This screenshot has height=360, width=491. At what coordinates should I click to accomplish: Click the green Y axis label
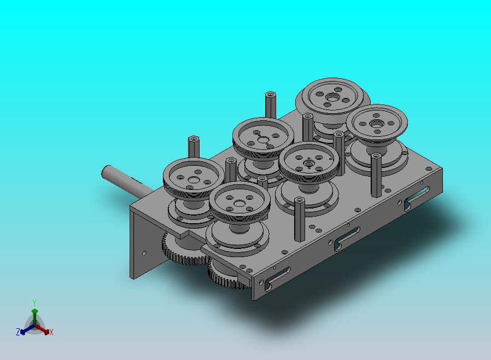(x=34, y=303)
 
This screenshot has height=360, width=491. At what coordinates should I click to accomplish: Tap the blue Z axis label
(x=18, y=332)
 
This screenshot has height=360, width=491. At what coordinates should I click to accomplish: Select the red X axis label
(x=51, y=332)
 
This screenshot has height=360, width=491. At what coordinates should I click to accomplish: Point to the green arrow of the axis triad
(x=34, y=316)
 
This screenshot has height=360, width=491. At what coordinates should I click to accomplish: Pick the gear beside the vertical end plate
(x=183, y=249)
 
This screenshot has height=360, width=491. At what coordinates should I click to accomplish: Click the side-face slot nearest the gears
(x=277, y=278)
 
